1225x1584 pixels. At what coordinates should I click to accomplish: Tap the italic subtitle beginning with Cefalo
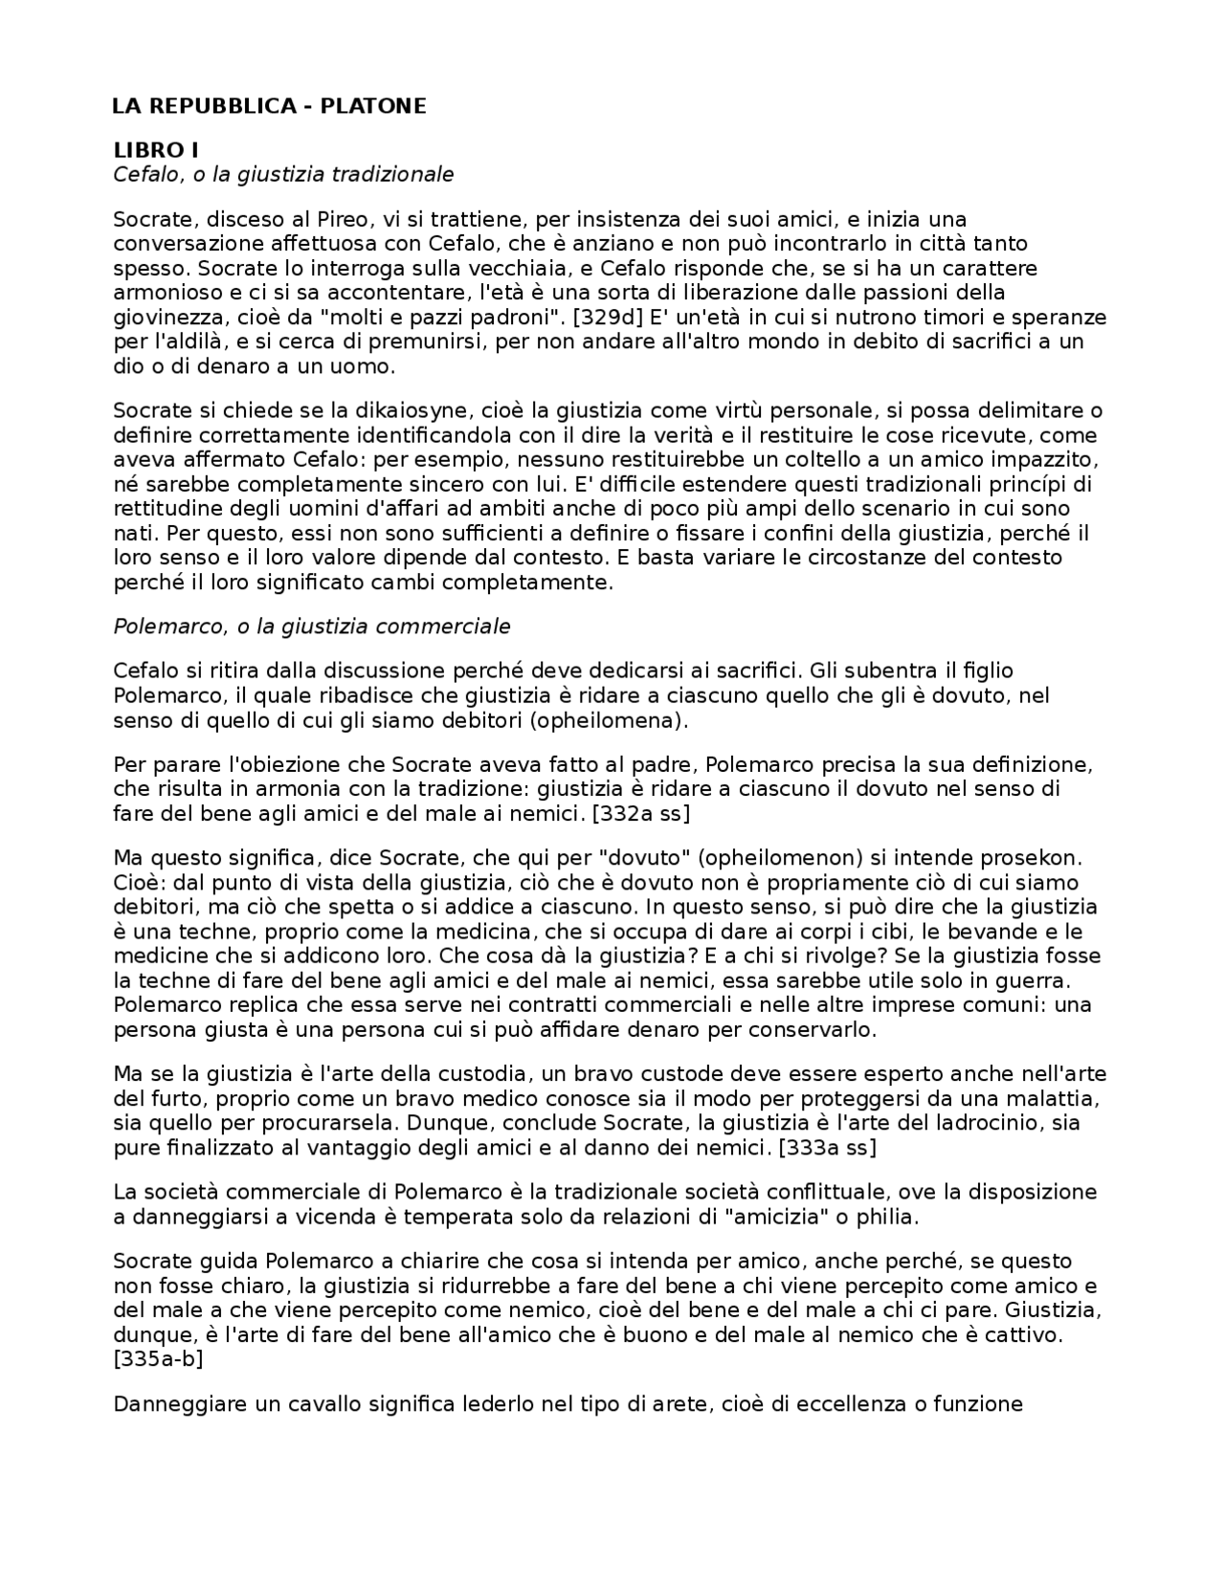tap(283, 174)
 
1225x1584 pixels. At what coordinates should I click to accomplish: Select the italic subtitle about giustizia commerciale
tap(312, 627)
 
